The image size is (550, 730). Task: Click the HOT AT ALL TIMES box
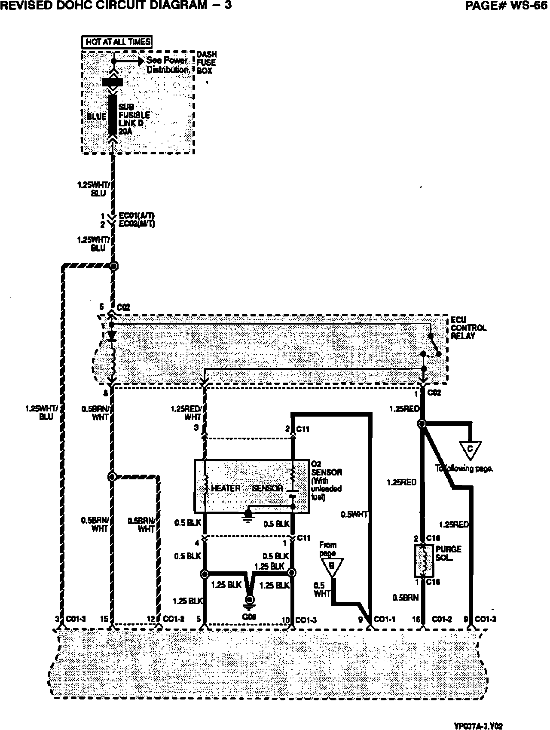pos(117,42)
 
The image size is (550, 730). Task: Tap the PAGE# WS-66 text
pos(507,6)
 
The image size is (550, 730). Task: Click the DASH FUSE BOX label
pos(206,62)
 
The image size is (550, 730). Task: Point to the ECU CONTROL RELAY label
pos(468,328)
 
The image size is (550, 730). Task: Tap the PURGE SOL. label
pos(448,553)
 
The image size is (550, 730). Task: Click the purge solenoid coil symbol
pos(424,561)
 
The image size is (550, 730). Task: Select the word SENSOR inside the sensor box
pos(267,488)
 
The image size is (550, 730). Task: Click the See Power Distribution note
pos(168,65)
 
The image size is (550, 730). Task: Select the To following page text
pos(464,469)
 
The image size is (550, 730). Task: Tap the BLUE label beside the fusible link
pos(96,117)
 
